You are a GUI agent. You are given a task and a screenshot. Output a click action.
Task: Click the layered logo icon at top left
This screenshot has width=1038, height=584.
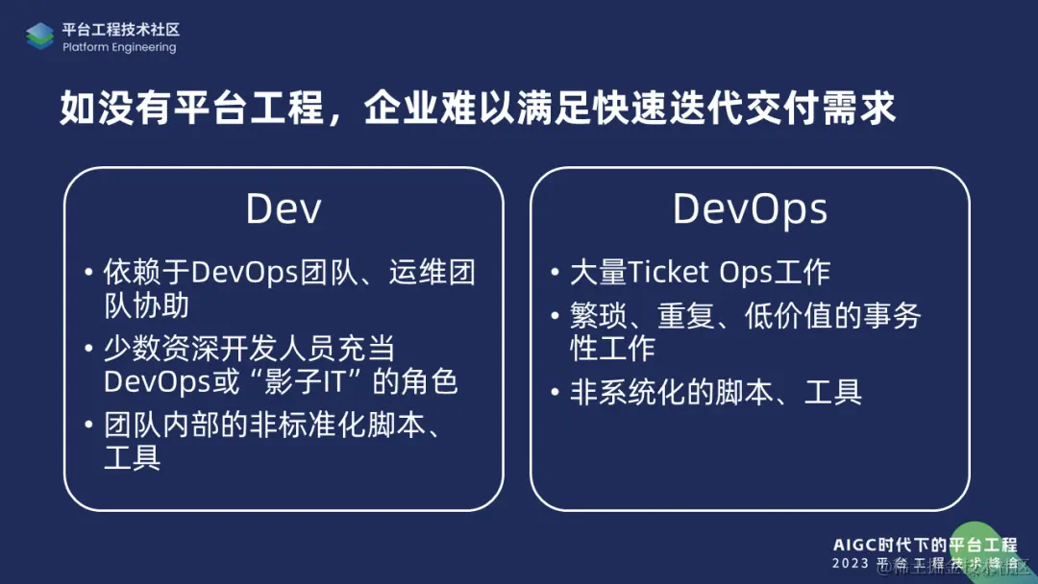point(40,36)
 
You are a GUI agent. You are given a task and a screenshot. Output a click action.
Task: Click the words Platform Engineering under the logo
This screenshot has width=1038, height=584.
point(119,48)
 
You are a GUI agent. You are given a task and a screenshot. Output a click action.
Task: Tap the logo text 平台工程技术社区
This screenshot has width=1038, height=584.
point(121,30)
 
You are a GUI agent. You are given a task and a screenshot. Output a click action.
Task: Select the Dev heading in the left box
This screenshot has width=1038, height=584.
point(284,209)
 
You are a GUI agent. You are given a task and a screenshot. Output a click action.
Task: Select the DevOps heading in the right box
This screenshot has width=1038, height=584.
point(750,209)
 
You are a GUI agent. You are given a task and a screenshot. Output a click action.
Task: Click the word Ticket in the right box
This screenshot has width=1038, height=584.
point(671,273)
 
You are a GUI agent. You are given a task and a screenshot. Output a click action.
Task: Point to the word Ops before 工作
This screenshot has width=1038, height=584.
point(746,273)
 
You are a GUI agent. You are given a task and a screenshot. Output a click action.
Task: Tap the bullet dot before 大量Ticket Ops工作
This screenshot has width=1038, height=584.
point(556,274)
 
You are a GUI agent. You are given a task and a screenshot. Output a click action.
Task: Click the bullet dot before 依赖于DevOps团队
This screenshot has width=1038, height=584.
point(89,274)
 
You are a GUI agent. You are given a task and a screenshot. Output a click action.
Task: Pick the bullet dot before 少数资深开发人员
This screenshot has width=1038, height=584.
point(89,350)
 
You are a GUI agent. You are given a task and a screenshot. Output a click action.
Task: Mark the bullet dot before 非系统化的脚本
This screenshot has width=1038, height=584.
point(556,393)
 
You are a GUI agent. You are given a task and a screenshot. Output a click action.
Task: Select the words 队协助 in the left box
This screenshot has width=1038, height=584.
point(146,305)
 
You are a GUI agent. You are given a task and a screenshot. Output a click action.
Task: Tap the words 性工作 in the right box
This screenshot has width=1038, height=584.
point(613,348)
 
